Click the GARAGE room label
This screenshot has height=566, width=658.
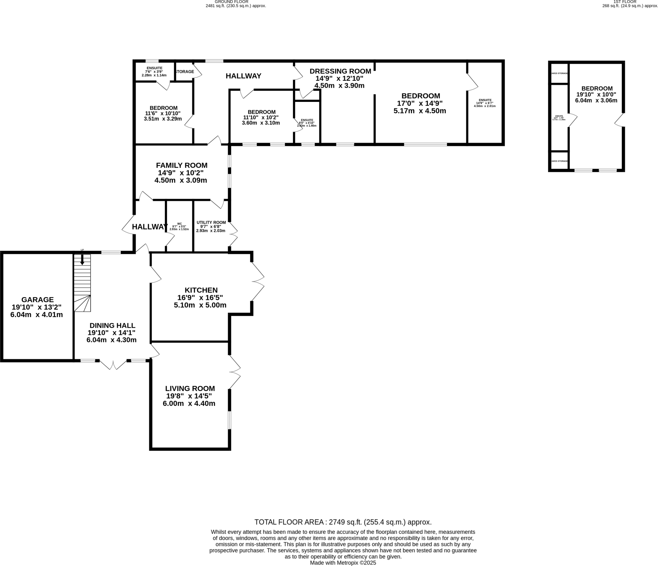[37, 300]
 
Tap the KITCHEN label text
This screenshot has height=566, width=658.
[201, 290]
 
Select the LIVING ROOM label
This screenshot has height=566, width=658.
[190, 388]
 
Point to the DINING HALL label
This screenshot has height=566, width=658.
[112, 325]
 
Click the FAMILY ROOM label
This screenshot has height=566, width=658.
[182, 165]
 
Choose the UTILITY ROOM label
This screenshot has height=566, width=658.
[211, 222]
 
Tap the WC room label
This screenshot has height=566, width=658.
[179, 224]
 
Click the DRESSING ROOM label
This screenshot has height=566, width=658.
[340, 71]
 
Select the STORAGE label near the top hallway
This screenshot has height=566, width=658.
[184, 72]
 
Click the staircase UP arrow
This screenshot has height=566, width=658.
[82, 259]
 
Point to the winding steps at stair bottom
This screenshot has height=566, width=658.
[83, 303]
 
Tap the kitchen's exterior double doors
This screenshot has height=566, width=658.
[258, 282]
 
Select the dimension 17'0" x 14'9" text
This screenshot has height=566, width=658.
[420, 103]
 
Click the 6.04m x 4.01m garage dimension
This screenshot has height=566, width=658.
[37, 315]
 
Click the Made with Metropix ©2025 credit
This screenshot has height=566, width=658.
[343, 563]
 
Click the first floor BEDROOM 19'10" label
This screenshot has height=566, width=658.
[597, 88]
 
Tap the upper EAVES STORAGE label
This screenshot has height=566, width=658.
[559, 73]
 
